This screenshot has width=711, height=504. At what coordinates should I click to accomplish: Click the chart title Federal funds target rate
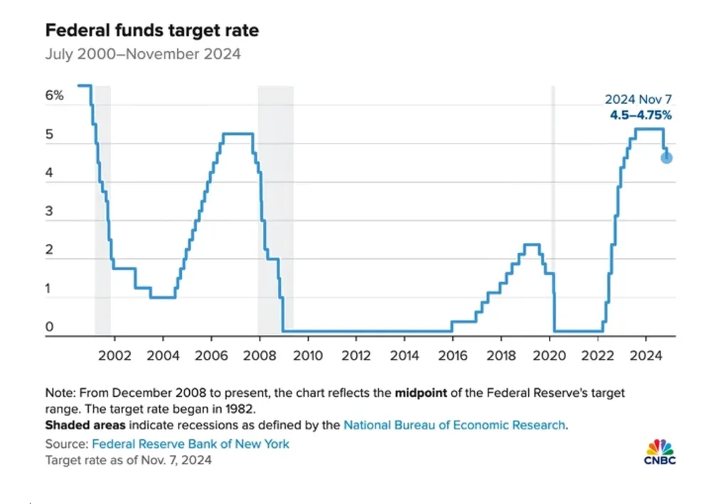point(152,31)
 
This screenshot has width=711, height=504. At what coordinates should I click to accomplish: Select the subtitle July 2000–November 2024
point(143,54)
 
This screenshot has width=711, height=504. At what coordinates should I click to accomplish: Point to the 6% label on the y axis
point(55,95)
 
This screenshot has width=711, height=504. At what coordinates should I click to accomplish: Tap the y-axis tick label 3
point(50,213)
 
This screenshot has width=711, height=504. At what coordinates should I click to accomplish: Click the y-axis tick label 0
point(50,328)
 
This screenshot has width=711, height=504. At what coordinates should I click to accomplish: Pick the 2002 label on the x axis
point(114,355)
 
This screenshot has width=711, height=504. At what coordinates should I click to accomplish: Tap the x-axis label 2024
point(647,355)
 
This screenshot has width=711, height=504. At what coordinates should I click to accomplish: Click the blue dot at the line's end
point(666,157)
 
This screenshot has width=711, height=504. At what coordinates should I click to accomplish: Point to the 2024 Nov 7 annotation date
point(638,100)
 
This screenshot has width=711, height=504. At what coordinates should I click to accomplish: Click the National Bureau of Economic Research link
point(454,425)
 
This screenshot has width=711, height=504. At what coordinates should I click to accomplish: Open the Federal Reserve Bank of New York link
point(191,444)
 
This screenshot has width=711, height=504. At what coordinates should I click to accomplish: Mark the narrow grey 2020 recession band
point(553,210)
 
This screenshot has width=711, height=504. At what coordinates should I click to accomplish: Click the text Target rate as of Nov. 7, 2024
point(129,460)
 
